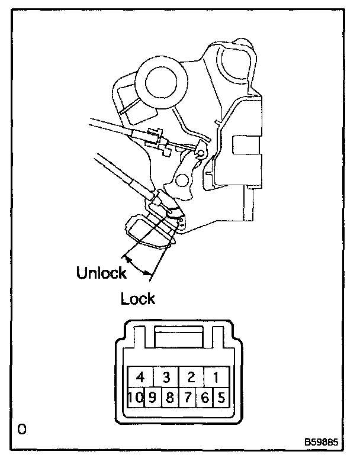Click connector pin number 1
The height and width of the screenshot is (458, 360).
(217, 377)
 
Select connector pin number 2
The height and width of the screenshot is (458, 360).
(191, 377)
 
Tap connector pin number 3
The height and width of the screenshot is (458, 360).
(166, 377)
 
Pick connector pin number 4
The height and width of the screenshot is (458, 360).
(140, 377)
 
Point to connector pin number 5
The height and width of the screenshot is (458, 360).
(221, 397)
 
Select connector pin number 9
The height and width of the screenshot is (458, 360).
(152, 397)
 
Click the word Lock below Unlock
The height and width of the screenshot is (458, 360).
(138, 299)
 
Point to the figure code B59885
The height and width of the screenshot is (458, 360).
(323, 442)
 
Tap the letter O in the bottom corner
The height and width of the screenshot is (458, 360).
(22, 428)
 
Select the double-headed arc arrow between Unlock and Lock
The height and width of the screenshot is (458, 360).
(137, 265)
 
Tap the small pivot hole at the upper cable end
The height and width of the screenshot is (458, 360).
(201, 154)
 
